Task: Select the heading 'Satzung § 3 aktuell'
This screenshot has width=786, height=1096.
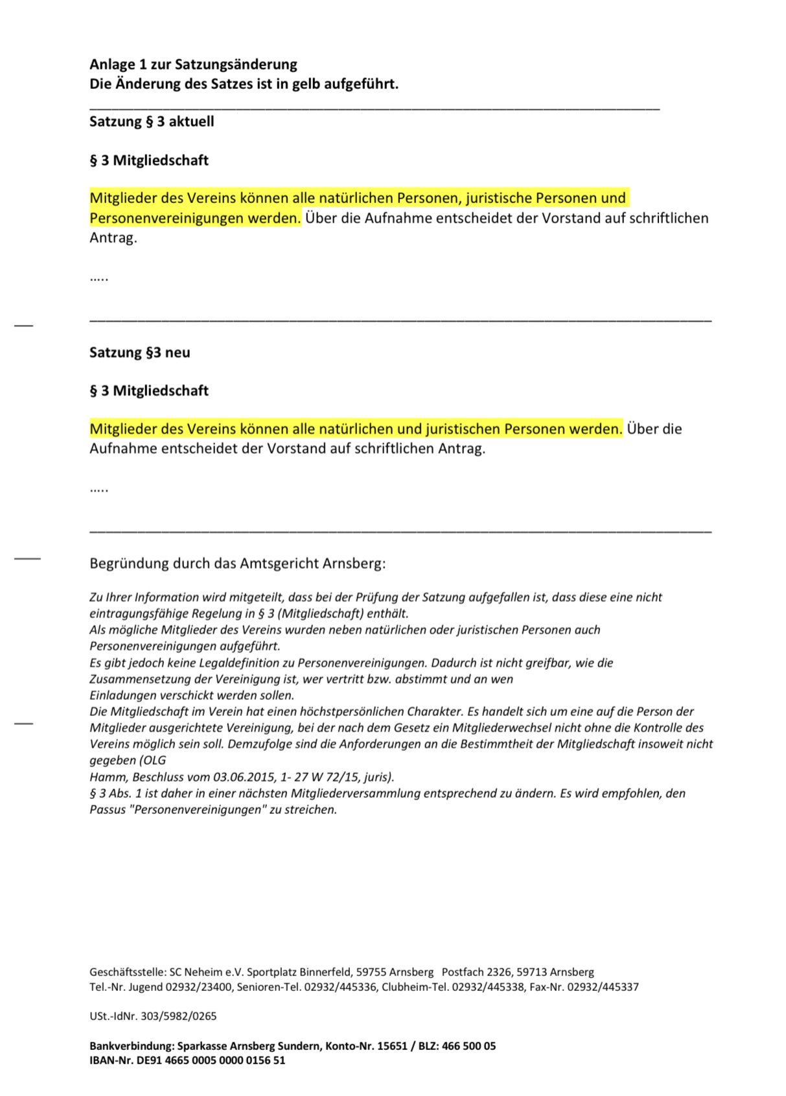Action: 152,121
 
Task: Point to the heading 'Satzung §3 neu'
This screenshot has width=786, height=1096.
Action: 140,352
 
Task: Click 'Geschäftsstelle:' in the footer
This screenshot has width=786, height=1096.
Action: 128,972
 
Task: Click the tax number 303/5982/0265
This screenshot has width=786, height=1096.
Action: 178,1016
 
